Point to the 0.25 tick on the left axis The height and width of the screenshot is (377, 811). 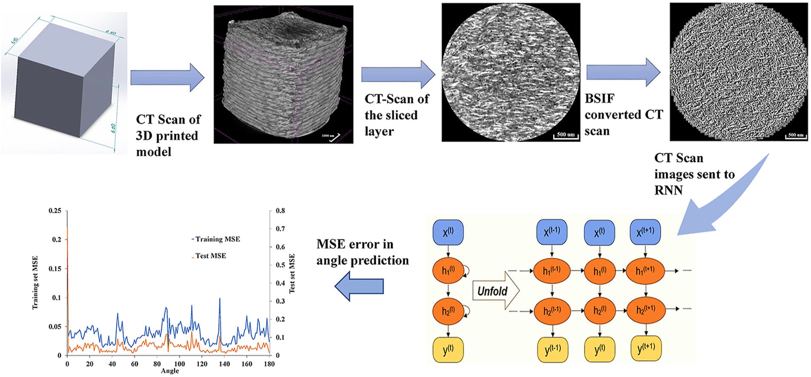(55, 211)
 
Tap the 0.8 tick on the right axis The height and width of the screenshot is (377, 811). (280, 211)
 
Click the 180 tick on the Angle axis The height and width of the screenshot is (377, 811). (269, 364)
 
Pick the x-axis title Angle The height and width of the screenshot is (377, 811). (170, 371)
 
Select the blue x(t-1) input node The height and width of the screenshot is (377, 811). (552, 232)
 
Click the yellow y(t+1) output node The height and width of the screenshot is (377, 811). (646, 348)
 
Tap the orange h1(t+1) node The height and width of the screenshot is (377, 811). (645, 271)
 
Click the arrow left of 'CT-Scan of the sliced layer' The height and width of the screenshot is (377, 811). (398, 75)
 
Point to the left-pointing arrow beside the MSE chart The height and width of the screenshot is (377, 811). (359, 286)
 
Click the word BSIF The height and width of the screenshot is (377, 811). (599, 99)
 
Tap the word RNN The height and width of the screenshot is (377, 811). (668, 190)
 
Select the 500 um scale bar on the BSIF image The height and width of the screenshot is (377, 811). (795, 136)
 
